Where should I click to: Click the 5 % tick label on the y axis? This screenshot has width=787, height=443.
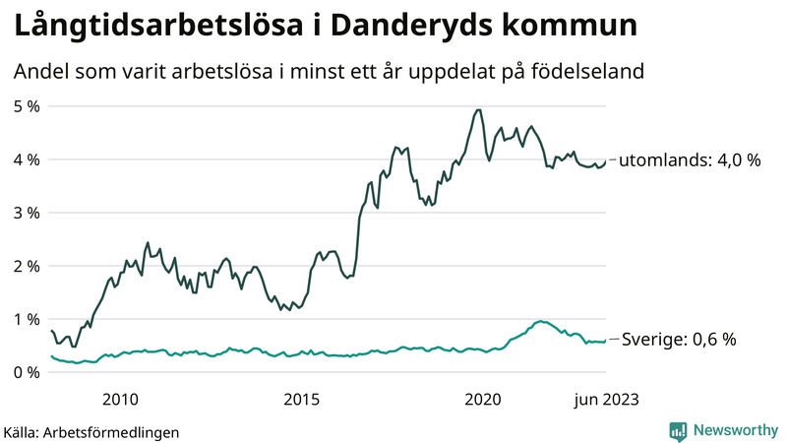(x=27, y=105)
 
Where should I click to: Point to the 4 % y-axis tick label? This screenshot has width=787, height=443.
(x=27, y=159)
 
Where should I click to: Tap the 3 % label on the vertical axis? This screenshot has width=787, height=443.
(x=27, y=213)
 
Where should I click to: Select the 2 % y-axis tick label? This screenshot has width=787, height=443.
(x=27, y=266)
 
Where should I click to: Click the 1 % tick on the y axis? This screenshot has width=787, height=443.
(x=27, y=319)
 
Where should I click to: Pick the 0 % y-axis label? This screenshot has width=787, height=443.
(x=27, y=372)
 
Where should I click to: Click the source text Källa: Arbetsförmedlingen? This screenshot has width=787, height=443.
(x=91, y=431)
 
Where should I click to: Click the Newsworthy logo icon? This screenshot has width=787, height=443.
(x=678, y=430)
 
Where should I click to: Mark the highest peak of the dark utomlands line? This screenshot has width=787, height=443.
(x=478, y=109)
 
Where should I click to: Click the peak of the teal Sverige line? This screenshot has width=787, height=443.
(x=539, y=321)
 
